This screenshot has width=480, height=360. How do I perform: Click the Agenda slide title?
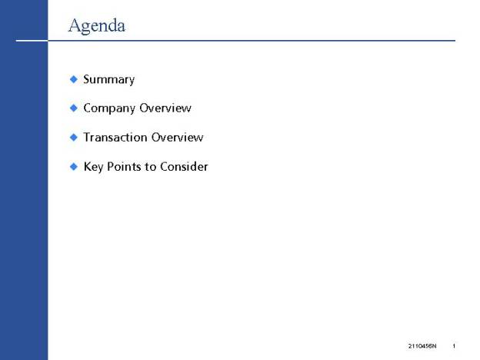coord(97,25)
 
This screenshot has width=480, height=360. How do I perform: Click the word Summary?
coord(109,79)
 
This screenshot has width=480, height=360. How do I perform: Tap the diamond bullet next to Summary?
coord(74,79)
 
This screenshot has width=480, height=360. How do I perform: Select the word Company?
coord(109,108)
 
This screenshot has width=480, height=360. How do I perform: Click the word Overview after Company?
coord(165,108)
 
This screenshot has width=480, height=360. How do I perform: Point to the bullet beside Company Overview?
coord(74,108)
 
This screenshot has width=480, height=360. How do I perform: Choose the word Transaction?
coord(115,137)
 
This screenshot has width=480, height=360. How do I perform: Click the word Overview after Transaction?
coord(178,137)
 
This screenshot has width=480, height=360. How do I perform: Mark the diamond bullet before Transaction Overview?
coord(74,137)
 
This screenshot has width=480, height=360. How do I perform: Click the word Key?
coord(93,167)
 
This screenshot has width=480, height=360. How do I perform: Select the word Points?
coord(124,166)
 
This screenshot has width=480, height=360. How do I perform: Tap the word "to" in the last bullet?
coord(151,167)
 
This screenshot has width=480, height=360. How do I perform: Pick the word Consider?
coord(184,166)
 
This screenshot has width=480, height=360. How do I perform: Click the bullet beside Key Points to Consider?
coord(74,166)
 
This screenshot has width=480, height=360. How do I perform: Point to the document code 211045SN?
coord(422,346)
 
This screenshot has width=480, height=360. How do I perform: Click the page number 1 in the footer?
coord(454,346)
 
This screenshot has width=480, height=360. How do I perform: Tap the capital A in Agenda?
coord(75,25)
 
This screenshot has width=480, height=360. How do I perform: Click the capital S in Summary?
coord(87,79)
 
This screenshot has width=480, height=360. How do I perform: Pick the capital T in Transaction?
coord(87,137)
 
